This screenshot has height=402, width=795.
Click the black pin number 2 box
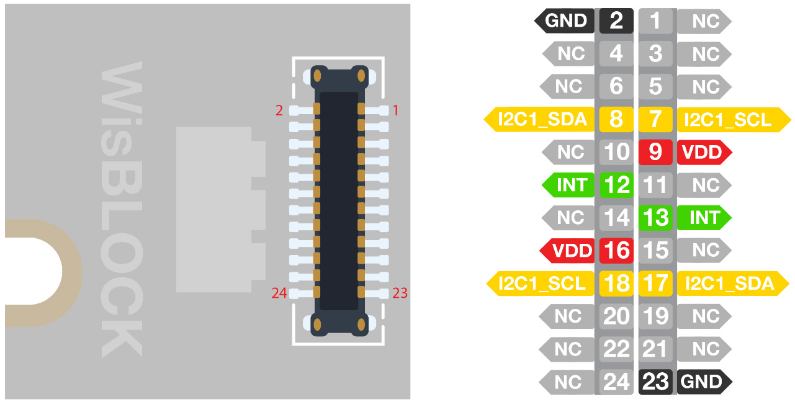616,21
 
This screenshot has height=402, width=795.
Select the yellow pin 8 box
616,118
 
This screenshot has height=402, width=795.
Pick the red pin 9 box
655,152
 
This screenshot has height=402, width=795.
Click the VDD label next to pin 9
704,152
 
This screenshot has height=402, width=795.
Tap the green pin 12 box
616,185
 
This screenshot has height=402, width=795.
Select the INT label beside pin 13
704,218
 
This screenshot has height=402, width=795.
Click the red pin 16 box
616,251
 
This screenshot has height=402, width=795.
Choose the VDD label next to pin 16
570,251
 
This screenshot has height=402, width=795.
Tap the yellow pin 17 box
655,284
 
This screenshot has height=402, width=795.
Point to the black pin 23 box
655,382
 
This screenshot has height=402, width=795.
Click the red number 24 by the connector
279,293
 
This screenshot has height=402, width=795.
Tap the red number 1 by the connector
396,111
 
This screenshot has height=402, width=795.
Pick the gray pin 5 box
655,86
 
